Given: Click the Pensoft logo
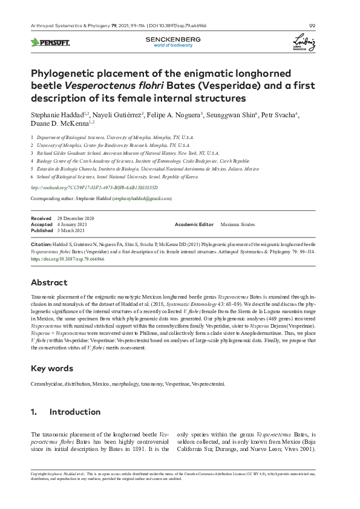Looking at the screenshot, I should [x=50, y=42].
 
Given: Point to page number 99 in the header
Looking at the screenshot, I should [x=312, y=25].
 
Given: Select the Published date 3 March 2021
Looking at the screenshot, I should [x=71, y=230].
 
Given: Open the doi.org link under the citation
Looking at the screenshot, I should [x=67, y=259].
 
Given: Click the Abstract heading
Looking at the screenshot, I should [x=49, y=283].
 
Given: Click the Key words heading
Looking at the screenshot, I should [x=52, y=368].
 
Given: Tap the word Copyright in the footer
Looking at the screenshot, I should [x=38, y=474].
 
